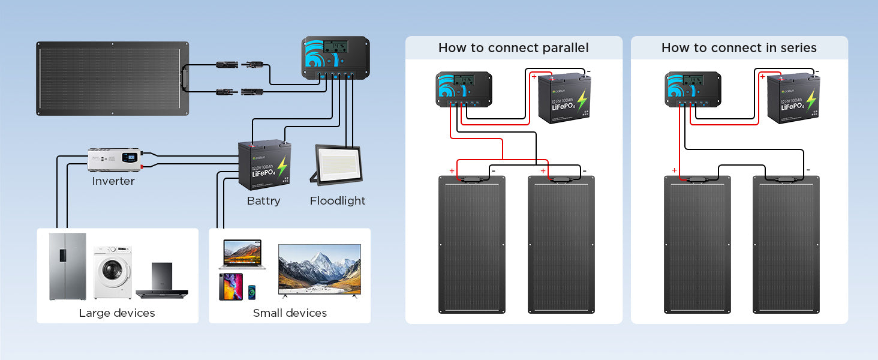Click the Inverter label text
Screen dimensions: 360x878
coord(113,181)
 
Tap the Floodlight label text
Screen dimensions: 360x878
coord(338,201)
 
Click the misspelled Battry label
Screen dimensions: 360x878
coord(263,201)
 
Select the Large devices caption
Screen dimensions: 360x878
coord(117,313)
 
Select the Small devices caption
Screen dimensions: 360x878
coord(290,313)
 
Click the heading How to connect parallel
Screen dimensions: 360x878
coord(513,48)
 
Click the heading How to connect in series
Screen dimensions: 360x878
coord(739,48)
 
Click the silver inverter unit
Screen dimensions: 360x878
coord(115,160)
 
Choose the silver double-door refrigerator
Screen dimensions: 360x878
coord(67,266)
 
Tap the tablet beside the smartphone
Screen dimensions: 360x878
coord(231,287)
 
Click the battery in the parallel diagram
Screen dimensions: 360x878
coord(563,99)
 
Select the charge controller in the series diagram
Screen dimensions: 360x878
coord(693,89)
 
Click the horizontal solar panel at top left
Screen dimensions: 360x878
coord(113,78)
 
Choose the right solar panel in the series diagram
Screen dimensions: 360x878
coord(786,244)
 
